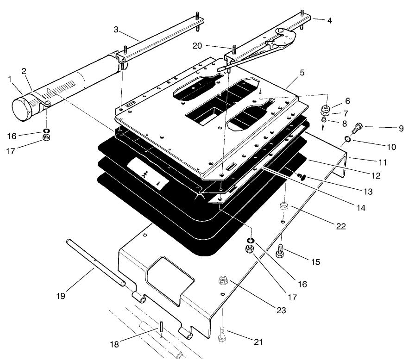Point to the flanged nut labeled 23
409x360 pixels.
[223, 281]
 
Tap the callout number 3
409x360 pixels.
[118, 30]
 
